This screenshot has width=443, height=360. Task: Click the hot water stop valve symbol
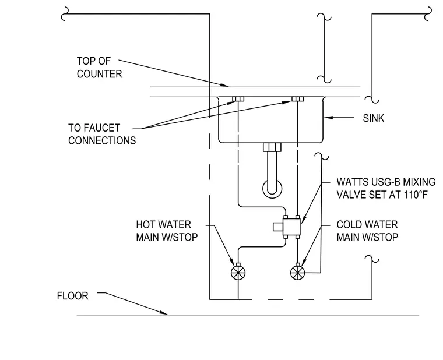[x=238, y=273]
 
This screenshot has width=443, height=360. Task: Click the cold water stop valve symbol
[x=297, y=273]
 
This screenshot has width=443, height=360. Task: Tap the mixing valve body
[x=291, y=227]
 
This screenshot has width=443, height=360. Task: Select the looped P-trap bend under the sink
[x=272, y=189]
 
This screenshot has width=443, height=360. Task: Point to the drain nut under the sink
[x=272, y=147]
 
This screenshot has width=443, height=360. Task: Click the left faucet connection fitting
[x=238, y=99]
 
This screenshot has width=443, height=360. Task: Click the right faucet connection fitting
[x=297, y=99]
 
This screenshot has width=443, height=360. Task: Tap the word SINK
[x=374, y=118]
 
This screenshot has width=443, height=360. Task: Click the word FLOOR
[x=73, y=296]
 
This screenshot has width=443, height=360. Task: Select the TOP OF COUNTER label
[x=100, y=68]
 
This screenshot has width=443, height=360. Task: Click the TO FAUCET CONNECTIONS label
[x=102, y=134]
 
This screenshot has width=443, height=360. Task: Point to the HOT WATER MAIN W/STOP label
[x=167, y=231]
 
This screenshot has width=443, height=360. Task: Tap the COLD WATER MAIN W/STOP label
[x=367, y=231]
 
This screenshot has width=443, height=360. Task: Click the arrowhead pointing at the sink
[x=329, y=118]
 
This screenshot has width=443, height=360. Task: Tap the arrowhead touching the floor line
[x=164, y=313]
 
